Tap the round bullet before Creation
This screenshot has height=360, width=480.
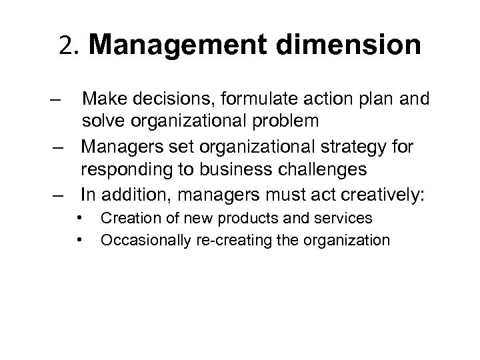pos(79,217)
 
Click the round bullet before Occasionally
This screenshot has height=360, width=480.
pos(79,239)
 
